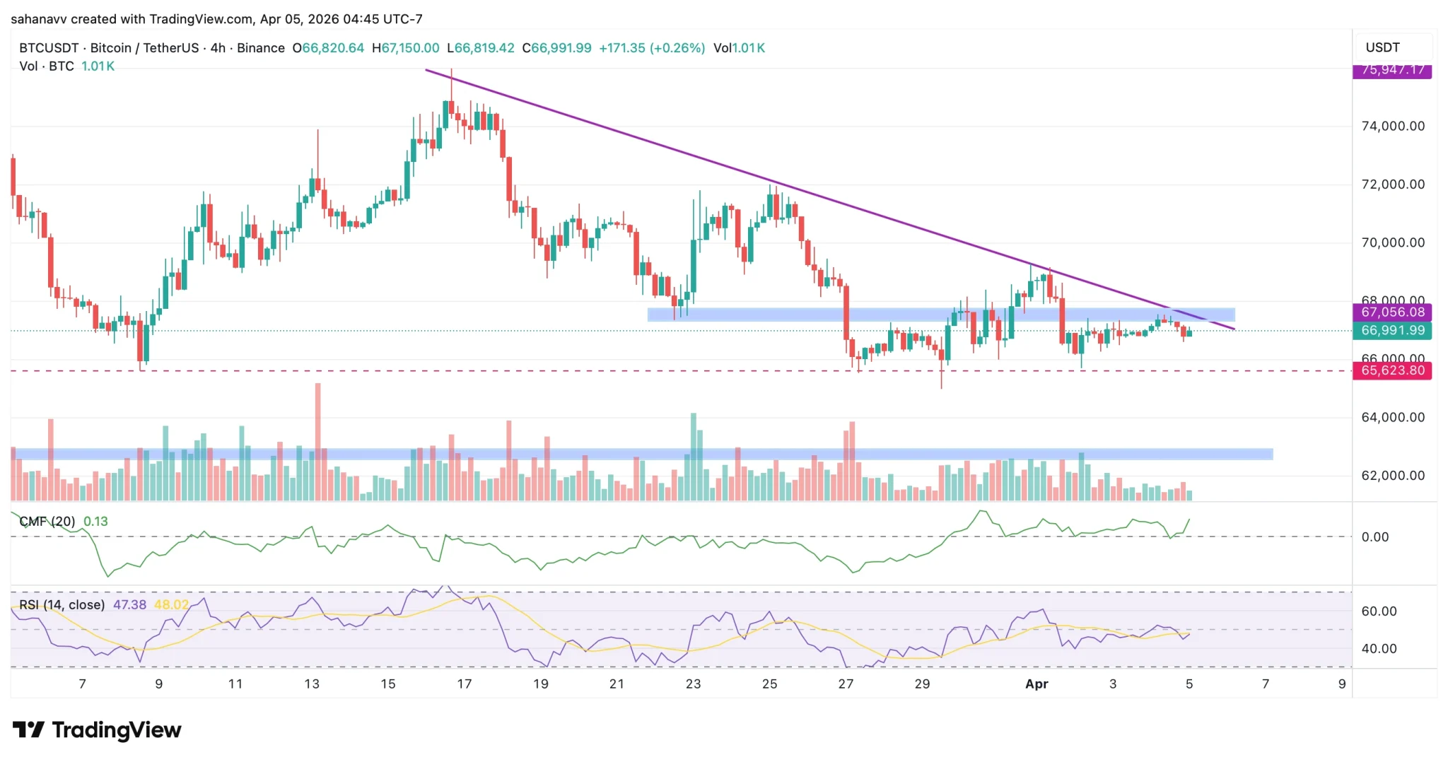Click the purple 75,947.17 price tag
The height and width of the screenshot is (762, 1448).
click(x=1391, y=70)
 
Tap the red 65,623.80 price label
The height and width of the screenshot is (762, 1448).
click(x=1391, y=370)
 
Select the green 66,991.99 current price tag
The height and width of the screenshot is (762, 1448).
click(x=1391, y=330)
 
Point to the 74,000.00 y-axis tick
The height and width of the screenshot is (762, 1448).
click(x=1393, y=127)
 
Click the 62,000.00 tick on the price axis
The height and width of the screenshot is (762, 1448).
click(x=1393, y=476)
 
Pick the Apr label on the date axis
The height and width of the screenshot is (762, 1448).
click(x=1037, y=684)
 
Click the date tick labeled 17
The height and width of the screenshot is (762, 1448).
click(x=464, y=684)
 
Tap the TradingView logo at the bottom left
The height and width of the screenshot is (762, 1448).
click(x=97, y=729)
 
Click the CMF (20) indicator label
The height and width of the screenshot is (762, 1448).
click(x=47, y=522)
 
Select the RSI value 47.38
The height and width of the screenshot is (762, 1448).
click(x=129, y=605)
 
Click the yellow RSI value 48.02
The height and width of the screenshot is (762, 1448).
click(x=171, y=605)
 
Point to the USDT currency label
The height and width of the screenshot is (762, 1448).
click(x=1382, y=47)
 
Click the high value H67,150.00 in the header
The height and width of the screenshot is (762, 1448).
click(x=406, y=48)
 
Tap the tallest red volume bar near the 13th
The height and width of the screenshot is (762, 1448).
click(x=318, y=438)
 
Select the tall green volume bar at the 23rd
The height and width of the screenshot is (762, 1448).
click(x=694, y=452)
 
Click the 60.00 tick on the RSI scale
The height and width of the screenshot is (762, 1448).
click(x=1379, y=611)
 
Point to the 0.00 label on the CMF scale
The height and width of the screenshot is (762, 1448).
click(x=1374, y=537)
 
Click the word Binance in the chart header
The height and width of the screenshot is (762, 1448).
click(x=261, y=48)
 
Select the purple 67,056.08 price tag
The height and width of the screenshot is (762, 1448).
click(x=1391, y=312)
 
